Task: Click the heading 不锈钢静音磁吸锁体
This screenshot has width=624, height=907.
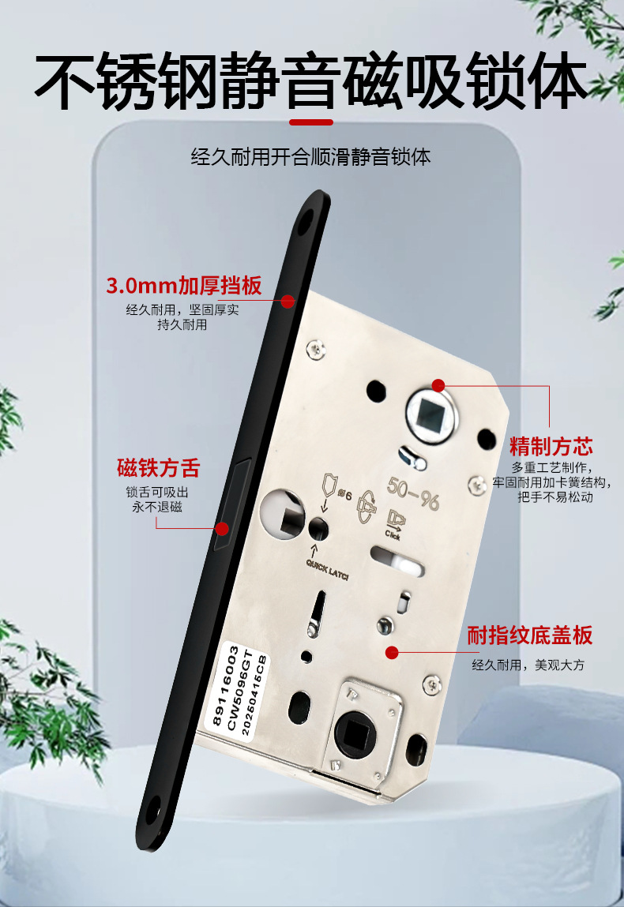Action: (311, 81)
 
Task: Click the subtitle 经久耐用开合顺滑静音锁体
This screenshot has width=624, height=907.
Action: (311, 157)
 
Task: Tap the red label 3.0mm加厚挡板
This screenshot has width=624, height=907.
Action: (183, 285)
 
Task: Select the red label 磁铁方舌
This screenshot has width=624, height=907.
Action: (158, 467)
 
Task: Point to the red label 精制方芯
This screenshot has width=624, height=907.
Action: (551, 447)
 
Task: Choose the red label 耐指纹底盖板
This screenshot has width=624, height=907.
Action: (530, 635)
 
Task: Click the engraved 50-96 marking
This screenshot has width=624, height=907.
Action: (413, 493)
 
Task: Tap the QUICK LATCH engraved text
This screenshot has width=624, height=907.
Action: (328, 568)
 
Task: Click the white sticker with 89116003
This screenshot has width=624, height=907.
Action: (239, 691)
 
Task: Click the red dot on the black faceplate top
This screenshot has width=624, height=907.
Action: (288, 301)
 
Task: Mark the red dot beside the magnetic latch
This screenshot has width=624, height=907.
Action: (222, 529)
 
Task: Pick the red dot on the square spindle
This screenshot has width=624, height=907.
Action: (438, 385)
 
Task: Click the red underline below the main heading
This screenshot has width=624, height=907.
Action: (311, 122)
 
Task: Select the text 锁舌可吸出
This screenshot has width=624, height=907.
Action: (157, 493)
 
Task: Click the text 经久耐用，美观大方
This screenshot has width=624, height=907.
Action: (528, 665)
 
